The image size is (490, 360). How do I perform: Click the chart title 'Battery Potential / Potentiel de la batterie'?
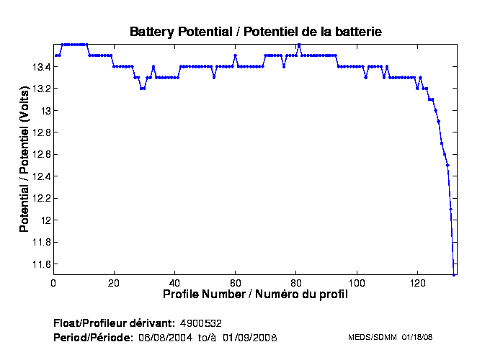click(255, 32)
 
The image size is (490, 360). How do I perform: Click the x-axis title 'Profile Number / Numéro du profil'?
click(255, 294)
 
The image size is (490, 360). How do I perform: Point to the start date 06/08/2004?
click(165, 337)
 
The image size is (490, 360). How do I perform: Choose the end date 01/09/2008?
click(249, 337)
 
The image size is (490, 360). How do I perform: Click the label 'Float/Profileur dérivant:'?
click(114, 322)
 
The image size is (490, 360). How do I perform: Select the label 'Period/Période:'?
click(94, 337)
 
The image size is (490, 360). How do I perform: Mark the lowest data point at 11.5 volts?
click(454, 274)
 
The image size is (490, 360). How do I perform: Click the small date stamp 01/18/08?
click(416, 337)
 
